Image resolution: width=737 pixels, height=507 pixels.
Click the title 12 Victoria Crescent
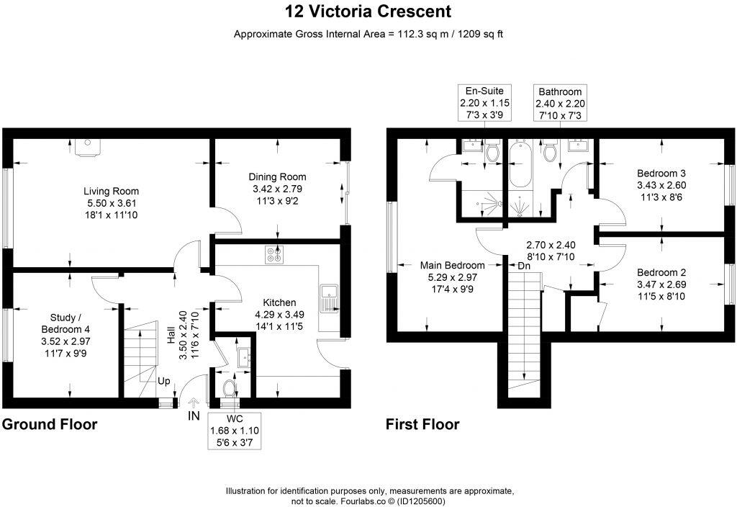tap(368, 12)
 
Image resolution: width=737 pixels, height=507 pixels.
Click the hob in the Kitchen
tap(274, 255)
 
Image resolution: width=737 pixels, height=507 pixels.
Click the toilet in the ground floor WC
tap(230, 388)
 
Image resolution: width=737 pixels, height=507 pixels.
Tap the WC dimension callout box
tap(234, 431)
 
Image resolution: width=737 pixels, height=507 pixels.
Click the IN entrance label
tap(194, 416)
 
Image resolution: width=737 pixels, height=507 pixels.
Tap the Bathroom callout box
tap(560, 104)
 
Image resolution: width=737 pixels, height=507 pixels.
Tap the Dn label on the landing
tap(523, 265)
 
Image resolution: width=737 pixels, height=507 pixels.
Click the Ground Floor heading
tap(50, 424)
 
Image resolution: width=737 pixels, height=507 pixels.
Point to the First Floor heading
tap(422, 424)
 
